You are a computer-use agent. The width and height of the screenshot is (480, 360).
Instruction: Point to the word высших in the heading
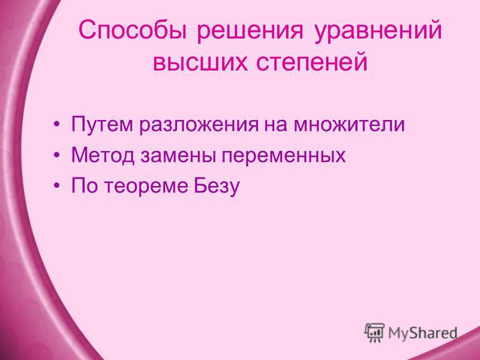pyautogui.click(x=200, y=62)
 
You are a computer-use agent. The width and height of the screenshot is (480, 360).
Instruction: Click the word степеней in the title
pyautogui.click(x=311, y=62)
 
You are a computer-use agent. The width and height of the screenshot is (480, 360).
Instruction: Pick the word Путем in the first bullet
pyautogui.click(x=102, y=124)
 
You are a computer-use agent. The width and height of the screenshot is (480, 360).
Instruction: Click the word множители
pyautogui.click(x=349, y=125)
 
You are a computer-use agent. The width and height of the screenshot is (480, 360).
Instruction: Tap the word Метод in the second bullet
pyautogui.click(x=103, y=155)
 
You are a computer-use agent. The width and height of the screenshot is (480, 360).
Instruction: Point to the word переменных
pyautogui.click(x=283, y=157)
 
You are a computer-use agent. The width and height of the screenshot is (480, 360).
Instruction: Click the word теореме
pyautogui.click(x=146, y=187)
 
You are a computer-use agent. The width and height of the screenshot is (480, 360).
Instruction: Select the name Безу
pyautogui.click(x=217, y=186)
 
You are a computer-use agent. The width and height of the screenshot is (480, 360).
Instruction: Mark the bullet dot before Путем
pyautogui.click(x=56, y=125)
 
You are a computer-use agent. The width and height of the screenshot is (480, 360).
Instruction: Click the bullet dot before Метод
pyautogui.click(x=56, y=155)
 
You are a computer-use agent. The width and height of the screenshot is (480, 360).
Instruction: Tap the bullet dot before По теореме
pyautogui.click(x=56, y=186)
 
